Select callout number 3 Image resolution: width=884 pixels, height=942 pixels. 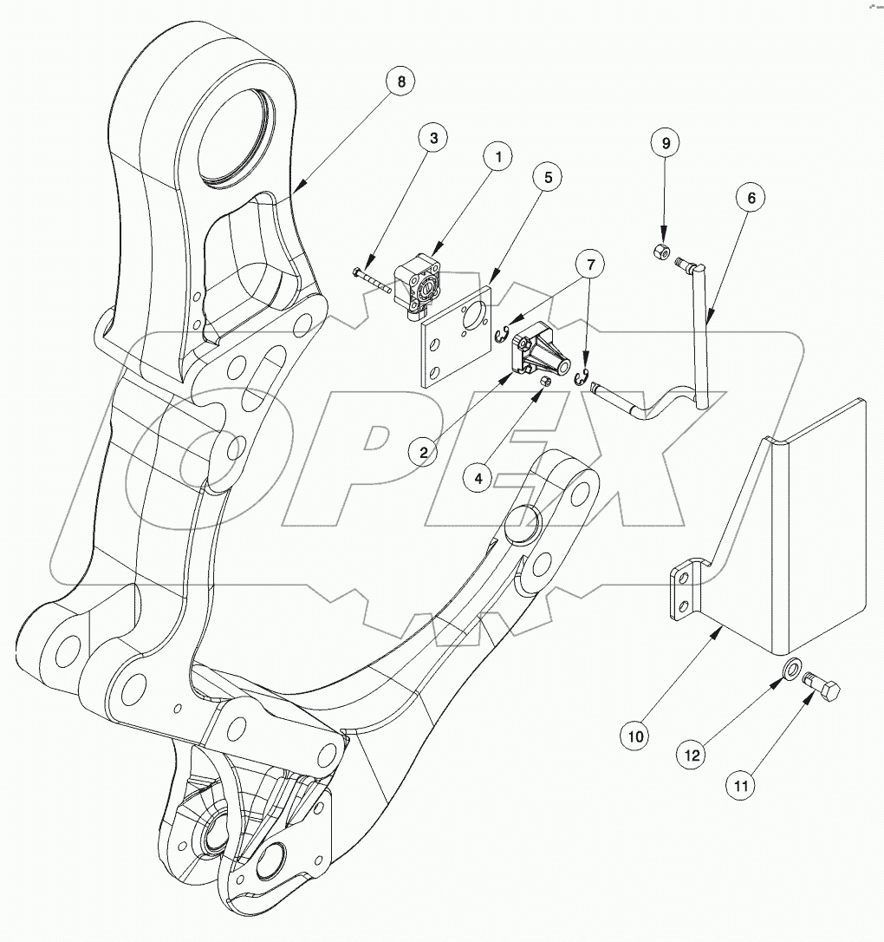432,137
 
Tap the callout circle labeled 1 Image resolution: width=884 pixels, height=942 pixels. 498,158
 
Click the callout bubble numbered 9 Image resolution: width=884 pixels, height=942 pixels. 666,144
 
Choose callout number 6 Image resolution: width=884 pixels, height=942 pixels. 751,198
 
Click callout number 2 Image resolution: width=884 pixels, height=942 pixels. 423,451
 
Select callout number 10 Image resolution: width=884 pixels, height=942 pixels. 635,736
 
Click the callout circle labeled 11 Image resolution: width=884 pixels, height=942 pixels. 741,785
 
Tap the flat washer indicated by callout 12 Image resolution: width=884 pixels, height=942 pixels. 791,669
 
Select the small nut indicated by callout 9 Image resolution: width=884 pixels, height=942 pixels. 660,252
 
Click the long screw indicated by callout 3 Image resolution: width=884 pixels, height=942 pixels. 375,279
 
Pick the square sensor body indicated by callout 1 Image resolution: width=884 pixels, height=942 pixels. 419,285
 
